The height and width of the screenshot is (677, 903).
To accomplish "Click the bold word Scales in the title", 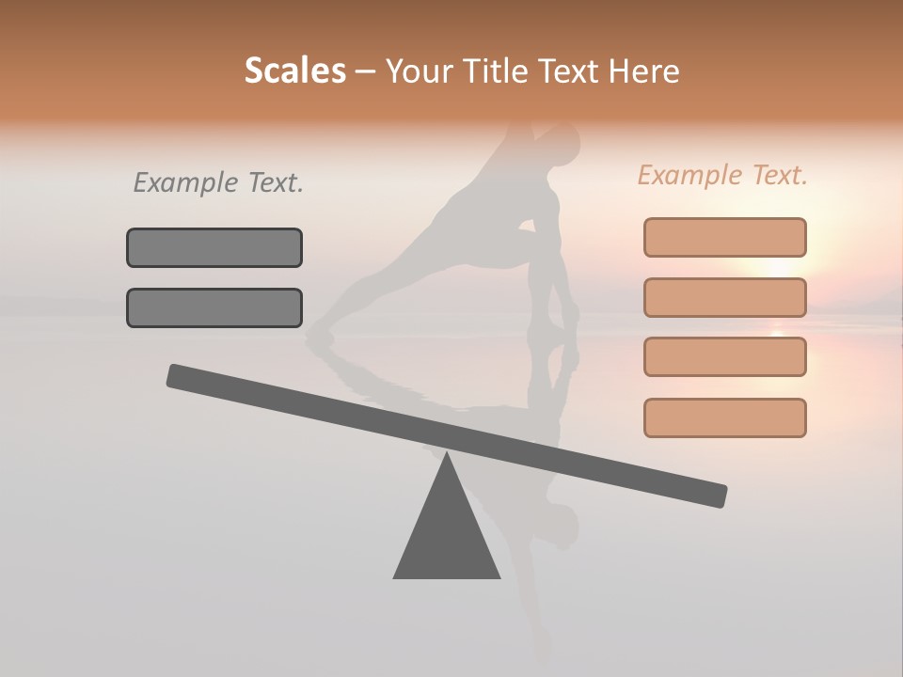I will point(295,71).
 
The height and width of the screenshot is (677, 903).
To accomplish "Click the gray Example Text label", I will point(218,183).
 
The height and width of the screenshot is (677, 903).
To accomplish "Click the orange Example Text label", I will point(722,175).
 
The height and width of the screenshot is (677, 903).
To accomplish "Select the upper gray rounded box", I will point(214,247).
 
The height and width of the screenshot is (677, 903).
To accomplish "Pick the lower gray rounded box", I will point(214,307).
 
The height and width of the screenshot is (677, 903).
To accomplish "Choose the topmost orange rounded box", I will point(724,237).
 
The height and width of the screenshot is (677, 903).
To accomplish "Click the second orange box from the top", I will point(724,297).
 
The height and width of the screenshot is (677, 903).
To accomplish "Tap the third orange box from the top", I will point(724,356).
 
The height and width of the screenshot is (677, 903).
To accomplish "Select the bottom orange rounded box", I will point(724,417).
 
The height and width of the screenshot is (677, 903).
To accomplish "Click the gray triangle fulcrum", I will point(447,536).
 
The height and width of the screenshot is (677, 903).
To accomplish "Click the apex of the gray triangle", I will point(447,457).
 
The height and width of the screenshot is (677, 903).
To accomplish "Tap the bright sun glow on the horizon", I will point(777,267).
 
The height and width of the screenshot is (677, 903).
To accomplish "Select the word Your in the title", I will point(418,71).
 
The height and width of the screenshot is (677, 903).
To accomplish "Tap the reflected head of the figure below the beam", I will point(562,527).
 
